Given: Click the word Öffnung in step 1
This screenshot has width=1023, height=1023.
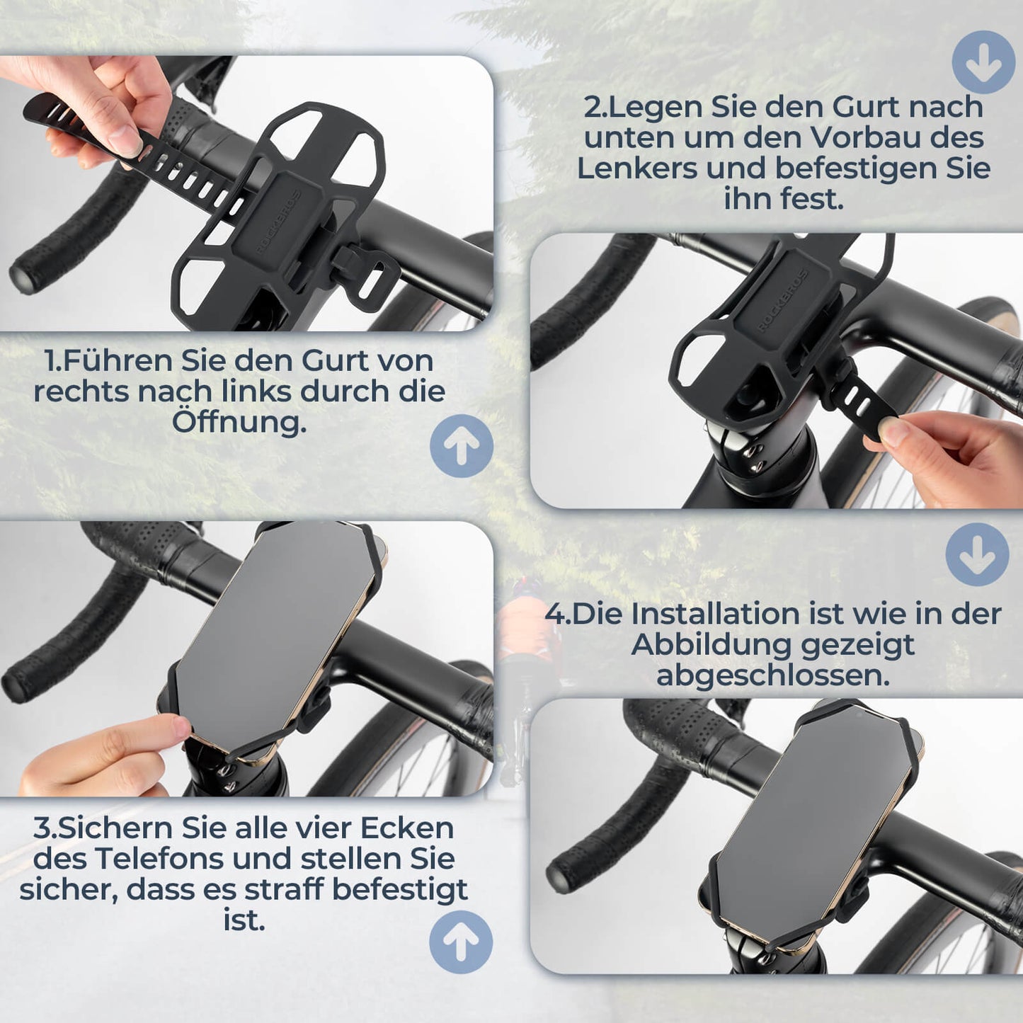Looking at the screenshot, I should coord(239,423).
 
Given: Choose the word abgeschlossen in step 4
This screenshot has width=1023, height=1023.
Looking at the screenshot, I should coord(772,675).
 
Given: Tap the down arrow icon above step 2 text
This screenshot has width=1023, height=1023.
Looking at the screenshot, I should coord(983,62).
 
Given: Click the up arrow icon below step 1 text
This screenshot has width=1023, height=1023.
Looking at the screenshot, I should coord(462,446).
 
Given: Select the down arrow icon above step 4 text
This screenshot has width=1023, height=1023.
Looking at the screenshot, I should coord(978,554).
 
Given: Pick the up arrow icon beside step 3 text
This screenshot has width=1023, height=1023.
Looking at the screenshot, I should coord(461,942).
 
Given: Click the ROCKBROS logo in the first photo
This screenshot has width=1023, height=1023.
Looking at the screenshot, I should coord(278,222).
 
